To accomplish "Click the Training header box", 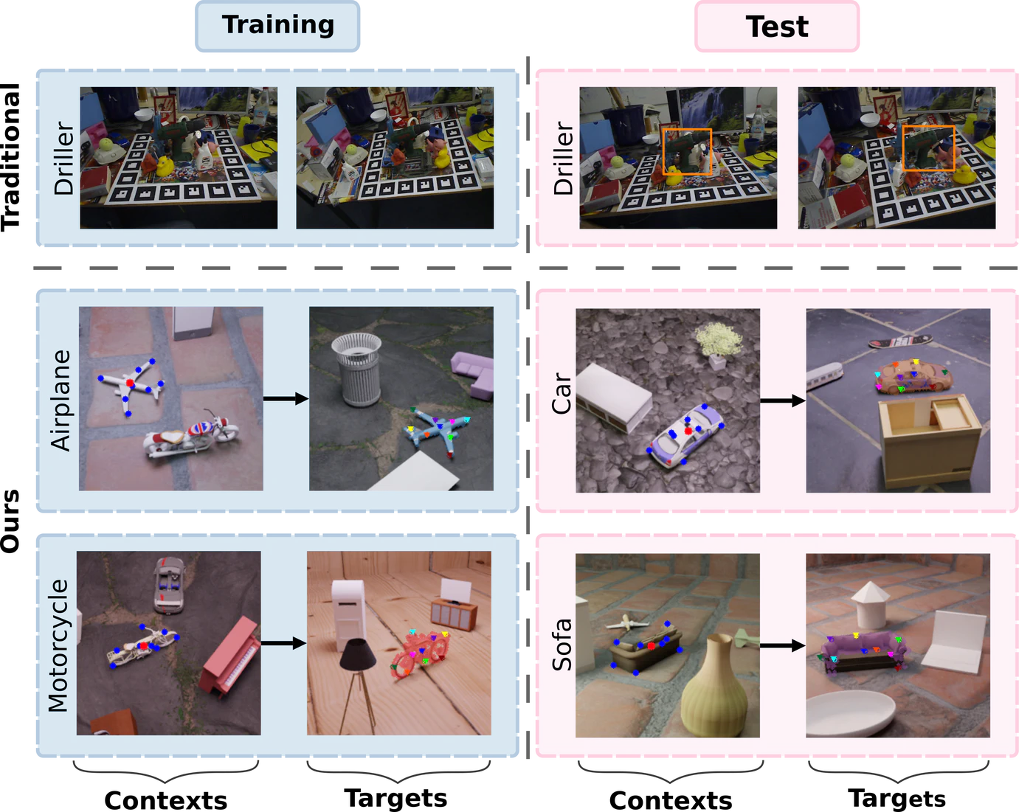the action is (x=277, y=26).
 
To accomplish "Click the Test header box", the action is (x=777, y=27).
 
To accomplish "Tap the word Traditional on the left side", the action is (x=10, y=157).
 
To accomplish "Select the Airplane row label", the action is (x=61, y=400).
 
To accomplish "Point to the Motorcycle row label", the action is (x=58, y=645).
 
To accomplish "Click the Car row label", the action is (x=562, y=393).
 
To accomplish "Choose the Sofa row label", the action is (x=562, y=645).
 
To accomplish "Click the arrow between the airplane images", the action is (x=286, y=398).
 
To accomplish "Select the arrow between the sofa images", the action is (x=782, y=645).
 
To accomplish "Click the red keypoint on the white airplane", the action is (x=130, y=383).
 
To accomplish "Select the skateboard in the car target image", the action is (x=900, y=341).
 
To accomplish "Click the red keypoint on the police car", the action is (x=688, y=431).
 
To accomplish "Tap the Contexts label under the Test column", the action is (x=671, y=799).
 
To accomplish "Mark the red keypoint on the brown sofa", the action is (x=651, y=646).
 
